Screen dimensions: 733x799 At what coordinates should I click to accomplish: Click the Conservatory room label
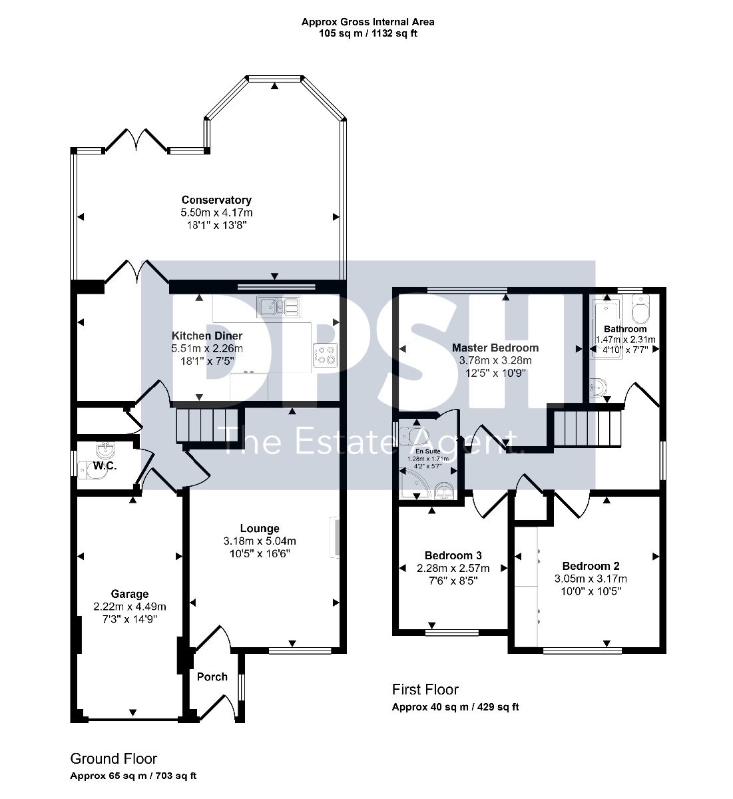click(216, 200)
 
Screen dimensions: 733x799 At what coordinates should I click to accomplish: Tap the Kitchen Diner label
click(207, 336)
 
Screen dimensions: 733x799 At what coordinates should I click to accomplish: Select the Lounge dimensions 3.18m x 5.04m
click(260, 541)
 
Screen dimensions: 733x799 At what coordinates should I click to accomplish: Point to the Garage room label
click(129, 594)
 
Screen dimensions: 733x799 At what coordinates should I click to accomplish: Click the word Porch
click(212, 676)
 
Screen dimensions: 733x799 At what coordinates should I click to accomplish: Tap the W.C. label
click(105, 465)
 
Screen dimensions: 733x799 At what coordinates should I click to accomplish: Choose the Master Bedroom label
click(495, 348)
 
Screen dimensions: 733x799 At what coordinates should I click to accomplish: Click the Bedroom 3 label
click(453, 555)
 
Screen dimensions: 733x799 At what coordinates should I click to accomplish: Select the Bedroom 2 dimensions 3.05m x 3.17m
click(591, 579)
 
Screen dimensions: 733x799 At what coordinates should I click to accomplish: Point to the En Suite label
click(428, 451)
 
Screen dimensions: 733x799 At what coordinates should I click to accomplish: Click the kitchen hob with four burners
click(325, 355)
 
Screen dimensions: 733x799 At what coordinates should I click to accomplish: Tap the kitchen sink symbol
click(278, 307)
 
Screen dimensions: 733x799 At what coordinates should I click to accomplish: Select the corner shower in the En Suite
click(414, 484)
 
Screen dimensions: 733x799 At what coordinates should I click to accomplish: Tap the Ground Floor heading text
click(114, 759)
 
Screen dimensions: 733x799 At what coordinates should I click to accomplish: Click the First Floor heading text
click(425, 689)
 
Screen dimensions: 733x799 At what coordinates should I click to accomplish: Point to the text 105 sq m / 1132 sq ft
click(367, 33)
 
